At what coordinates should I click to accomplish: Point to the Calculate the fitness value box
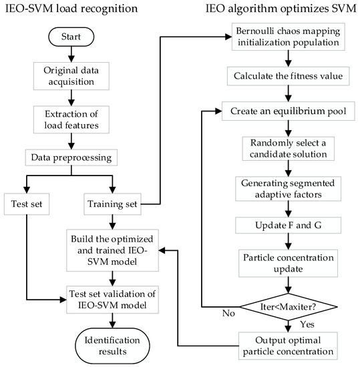[x=287, y=77]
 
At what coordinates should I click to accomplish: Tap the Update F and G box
[x=287, y=226]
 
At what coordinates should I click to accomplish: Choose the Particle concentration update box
[x=287, y=262]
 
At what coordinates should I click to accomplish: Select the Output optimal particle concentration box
[x=287, y=344]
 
